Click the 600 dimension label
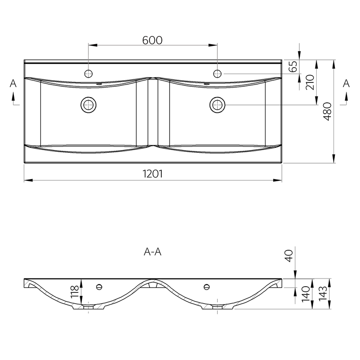(x=152, y=40)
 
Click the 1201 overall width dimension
(x=153, y=174)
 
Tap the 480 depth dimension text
(x=327, y=111)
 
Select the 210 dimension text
(x=310, y=82)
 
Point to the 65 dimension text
(x=293, y=66)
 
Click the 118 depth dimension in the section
(x=75, y=291)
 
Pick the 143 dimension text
(x=323, y=293)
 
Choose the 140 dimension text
(x=306, y=294)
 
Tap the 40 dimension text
(x=289, y=255)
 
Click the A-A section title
(x=152, y=252)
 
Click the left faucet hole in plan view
(x=88, y=74)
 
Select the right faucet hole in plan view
(x=217, y=74)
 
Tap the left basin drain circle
(x=88, y=105)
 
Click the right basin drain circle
(x=217, y=105)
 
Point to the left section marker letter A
(x=13, y=83)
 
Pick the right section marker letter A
(x=346, y=83)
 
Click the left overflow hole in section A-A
(x=99, y=287)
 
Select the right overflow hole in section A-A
(x=206, y=287)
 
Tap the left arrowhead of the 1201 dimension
(x=29, y=180)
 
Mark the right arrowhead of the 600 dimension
(x=213, y=45)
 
